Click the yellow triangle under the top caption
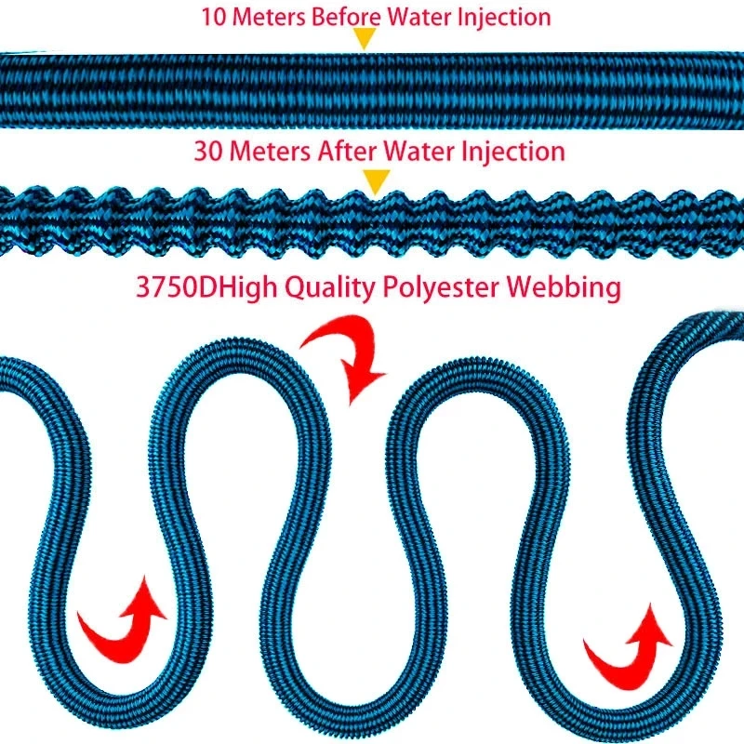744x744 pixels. [365, 37]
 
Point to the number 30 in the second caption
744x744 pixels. [209, 152]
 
